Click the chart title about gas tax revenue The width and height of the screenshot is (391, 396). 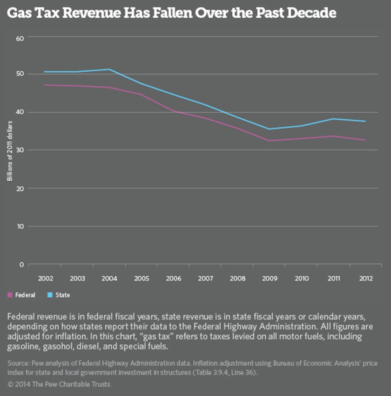point(172,13)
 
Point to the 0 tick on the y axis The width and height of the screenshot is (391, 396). point(21,264)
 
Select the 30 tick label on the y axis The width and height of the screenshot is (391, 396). point(20,150)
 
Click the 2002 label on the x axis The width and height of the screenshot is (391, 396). point(46,278)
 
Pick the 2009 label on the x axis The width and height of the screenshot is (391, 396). point(270,278)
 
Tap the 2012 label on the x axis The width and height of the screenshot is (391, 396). point(365,278)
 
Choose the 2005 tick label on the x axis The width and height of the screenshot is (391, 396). point(142,278)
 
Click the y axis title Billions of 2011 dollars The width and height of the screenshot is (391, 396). point(10,150)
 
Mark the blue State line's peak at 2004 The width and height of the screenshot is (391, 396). point(109,69)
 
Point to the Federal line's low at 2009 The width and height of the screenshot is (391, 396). point(270,141)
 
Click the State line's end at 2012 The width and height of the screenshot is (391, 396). point(365,121)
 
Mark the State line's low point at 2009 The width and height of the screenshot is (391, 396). point(270,129)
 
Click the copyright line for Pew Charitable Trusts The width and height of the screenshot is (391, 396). point(59,384)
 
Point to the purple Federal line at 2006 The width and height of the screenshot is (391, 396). point(174,111)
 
